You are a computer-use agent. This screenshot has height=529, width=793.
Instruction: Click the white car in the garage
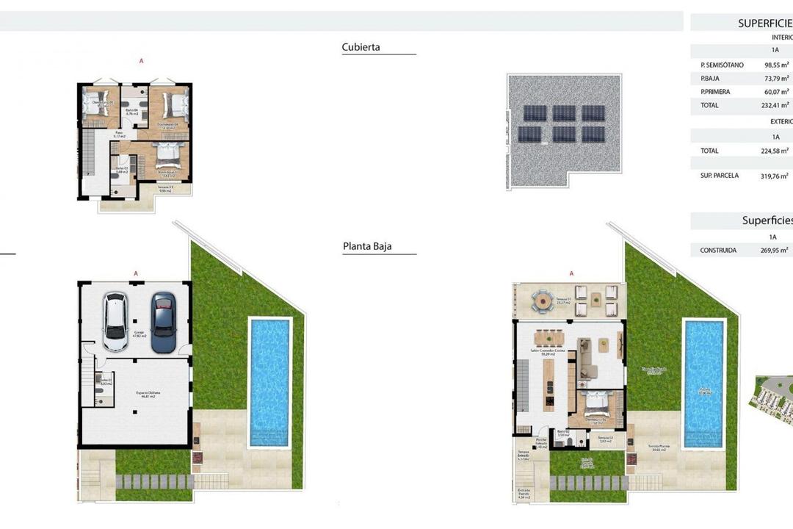pos(116,322)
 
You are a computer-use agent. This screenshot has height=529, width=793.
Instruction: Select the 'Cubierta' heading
pos(361,47)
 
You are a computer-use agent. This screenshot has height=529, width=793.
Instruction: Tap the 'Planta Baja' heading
pos(367,246)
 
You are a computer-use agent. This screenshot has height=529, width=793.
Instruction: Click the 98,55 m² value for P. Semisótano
pos(775,65)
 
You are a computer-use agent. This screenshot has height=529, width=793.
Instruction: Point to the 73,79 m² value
pos(775,79)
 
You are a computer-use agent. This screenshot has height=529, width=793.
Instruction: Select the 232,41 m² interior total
pos(775,105)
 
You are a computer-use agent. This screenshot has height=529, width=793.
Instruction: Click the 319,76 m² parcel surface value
pos(775,176)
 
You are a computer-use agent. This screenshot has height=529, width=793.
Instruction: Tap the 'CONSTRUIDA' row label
pos(718,251)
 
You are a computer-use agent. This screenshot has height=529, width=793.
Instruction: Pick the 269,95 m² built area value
pos(775,251)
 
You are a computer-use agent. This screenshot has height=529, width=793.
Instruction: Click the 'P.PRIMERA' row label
pos(715,92)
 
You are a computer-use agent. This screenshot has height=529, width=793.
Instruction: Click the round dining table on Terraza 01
pos(543,300)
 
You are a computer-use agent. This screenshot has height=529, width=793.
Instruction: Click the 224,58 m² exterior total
pos(775,151)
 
